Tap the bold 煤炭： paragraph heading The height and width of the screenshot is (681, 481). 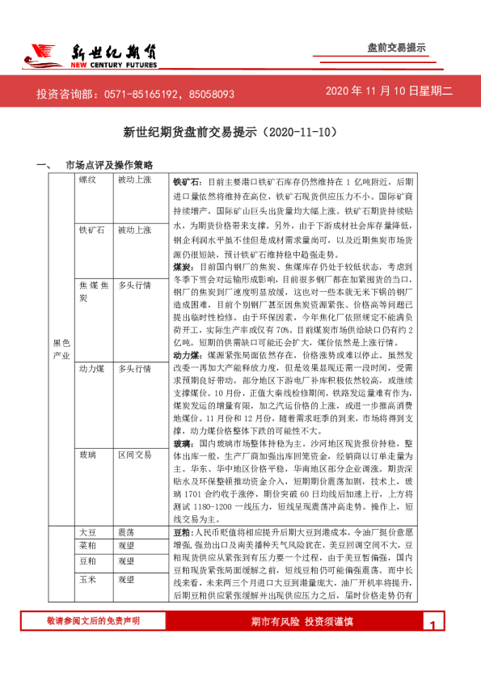click(183, 265)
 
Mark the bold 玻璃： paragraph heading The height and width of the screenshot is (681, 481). click(183, 444)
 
